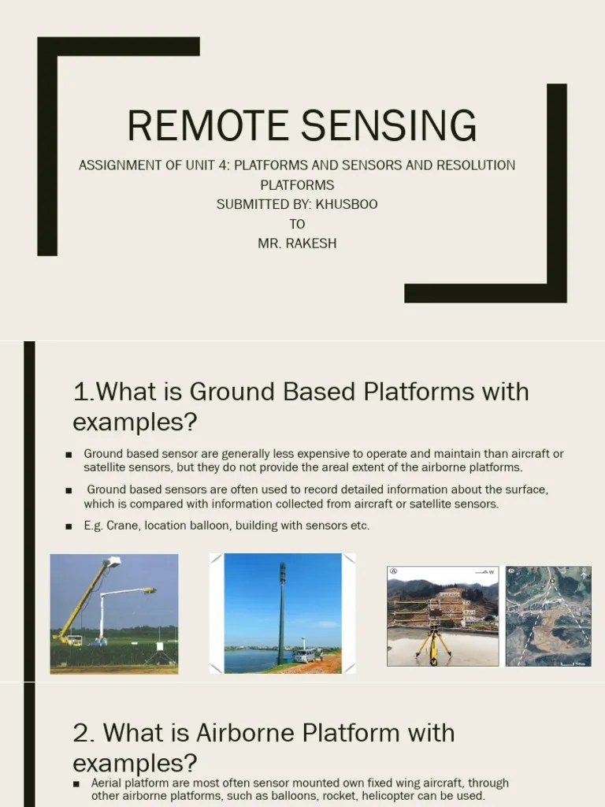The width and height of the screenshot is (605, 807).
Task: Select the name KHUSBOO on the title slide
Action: pos(347,204)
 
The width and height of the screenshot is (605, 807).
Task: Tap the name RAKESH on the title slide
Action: pos(310,243)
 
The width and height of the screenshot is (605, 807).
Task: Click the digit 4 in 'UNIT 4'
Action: pos(225,165)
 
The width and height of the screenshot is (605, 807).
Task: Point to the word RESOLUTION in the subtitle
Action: pos(477,165)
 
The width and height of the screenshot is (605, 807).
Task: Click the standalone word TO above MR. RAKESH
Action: pos(297,224)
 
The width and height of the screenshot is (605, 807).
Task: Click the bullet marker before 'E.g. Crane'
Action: pos(69,526)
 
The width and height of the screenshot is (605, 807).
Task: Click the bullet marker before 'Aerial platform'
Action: pos(76,783)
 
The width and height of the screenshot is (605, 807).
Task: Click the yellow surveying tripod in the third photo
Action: pos(434,638)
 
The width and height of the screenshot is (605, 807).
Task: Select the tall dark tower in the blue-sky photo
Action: pos(281,611)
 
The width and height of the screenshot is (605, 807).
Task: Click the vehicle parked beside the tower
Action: pos(303,655)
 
